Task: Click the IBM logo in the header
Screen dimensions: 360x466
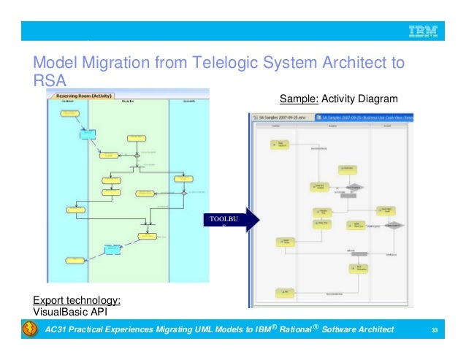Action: point(422,31)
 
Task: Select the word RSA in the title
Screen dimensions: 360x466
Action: point(50,81)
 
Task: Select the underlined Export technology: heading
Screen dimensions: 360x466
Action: point(77,299)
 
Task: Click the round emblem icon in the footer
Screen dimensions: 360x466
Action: point(29,331)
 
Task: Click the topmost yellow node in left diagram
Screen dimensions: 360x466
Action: point(69,114)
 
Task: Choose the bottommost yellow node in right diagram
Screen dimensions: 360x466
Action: point(282,292)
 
